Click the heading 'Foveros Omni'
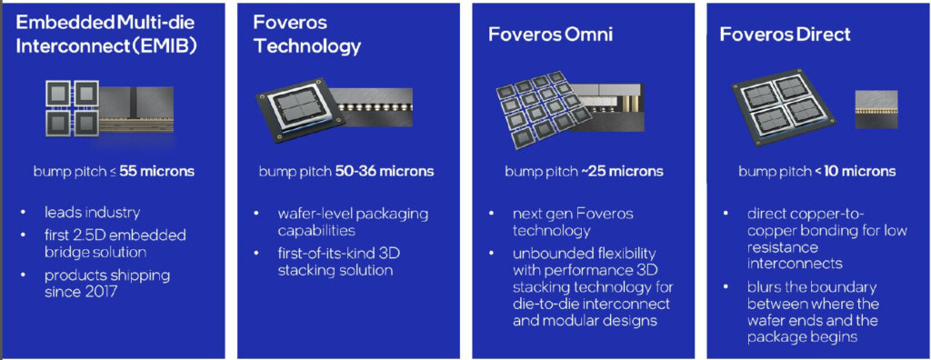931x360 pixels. tap(548, 36)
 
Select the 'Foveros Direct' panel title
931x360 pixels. tap(785, 36)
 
